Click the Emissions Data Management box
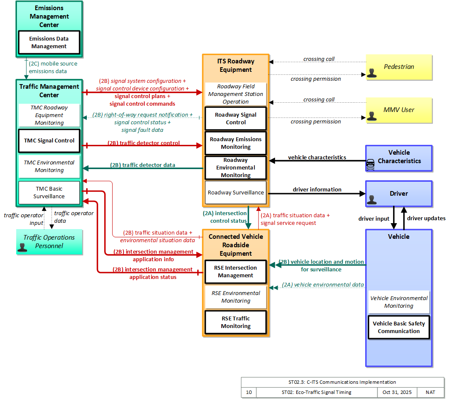(49, 42)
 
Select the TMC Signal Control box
(49, 141)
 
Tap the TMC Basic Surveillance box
(49, 192)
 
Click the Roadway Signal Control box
(236, 118)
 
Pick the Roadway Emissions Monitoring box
(236, 143)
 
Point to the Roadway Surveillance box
(236, 192)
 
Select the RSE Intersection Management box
(236, 272)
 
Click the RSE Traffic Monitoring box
(236, 322)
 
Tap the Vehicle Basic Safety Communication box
(399, 327)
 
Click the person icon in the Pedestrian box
(372, 73)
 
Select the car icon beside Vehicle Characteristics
(370, 165)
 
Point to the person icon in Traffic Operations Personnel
(22, 247)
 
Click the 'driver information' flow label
(317, 190)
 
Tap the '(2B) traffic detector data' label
(143, 165)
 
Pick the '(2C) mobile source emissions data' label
(53, 67)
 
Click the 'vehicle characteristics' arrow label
(317, 157)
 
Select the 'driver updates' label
(426, 218)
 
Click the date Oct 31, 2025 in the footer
(397, 392)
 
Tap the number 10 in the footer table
(249, 392)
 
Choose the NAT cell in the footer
(430, 392)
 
